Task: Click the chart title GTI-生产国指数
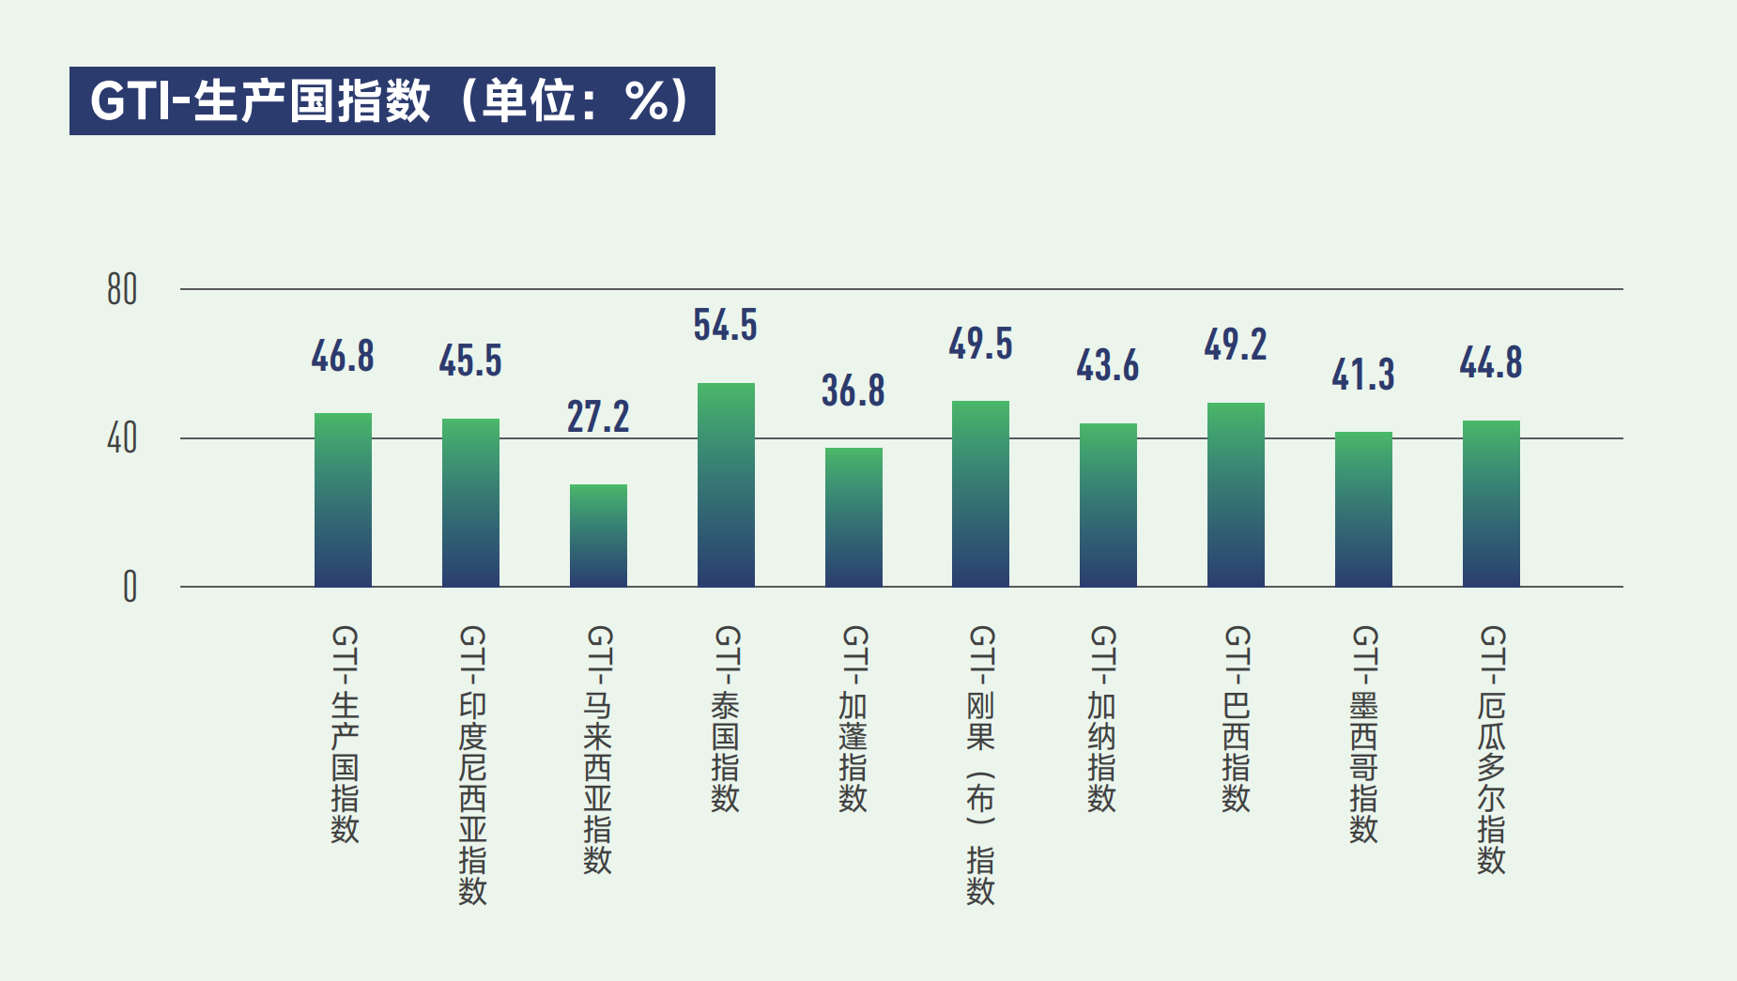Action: (x=392, y=100)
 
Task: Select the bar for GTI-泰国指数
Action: (x=726, y=485)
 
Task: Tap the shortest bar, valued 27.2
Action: (x=598, y=536)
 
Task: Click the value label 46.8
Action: (x=343, y=357)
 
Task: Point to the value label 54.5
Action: (x=725, y=325)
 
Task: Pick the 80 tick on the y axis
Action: (x=122, y=290)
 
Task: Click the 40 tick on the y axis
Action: (x=122, y=438)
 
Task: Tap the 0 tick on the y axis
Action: (x=130, y=587)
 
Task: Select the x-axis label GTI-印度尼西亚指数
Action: (x=472, y=764)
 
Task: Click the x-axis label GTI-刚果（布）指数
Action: (x=980, y=764)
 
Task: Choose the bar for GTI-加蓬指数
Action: (x=853, y=517)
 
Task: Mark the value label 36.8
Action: (x=853, y=391)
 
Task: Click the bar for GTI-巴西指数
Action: (x=1236, y=495)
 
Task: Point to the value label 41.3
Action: (x=1363, y=375)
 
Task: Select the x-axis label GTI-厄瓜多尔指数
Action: (x=1491, y=749)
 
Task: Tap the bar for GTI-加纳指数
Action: (x=1108, y=505)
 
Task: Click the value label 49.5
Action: (x=980, y=344)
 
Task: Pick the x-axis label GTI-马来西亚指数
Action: (x=598, y=749)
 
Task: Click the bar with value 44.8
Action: (x=1491, y=503)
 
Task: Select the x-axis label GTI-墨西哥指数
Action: (x=1363, y=734)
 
